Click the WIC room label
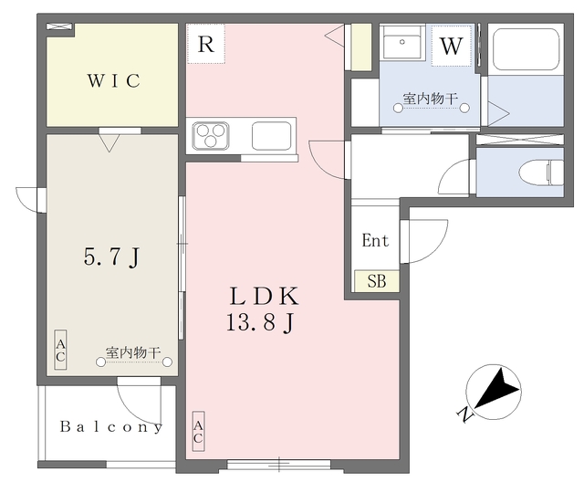[114, 80]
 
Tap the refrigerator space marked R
[206, 44]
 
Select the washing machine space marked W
[452, 46]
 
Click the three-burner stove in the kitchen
[211, 136]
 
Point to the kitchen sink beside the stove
[271, 136]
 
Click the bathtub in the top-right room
[526, 48]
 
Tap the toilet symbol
[541, 173]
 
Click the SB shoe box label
[377, 281]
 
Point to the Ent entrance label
[375, 240]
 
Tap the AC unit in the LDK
[198, 432]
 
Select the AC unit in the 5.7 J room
[60, 350]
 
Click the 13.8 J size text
[261, 322]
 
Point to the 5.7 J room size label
[111, 257]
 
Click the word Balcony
[111, 427]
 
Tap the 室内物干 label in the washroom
[430, 99]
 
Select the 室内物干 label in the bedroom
[133, 352]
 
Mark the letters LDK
[264, 296]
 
